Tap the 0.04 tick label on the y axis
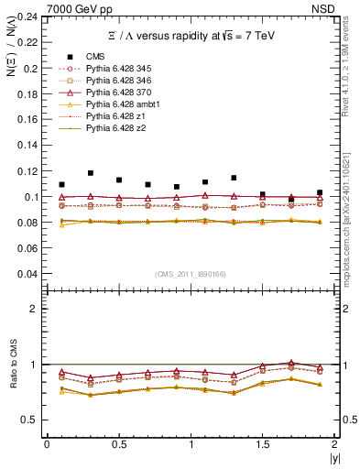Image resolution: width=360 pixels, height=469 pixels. (28, 274)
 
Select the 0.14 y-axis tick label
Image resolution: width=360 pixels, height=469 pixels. (28, 146)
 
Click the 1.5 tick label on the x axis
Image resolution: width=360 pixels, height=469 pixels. (262, 444)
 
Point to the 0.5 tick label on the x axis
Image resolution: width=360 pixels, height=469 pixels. (118, 444)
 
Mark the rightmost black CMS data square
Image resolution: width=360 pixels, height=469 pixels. (320, 192)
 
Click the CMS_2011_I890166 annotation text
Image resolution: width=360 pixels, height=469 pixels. (191, 274)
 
